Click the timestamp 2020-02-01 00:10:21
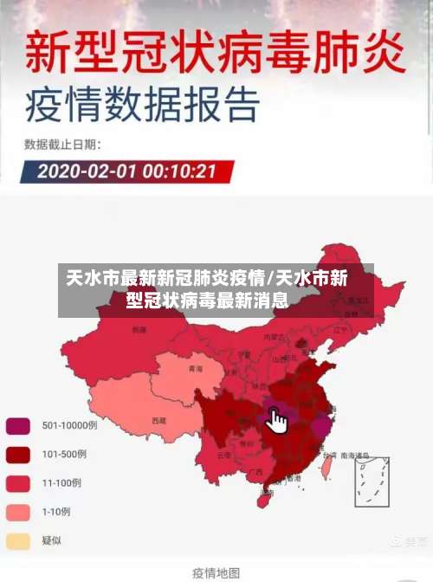[126, 170]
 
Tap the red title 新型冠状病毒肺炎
[215, 54]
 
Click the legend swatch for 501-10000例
[18, 425]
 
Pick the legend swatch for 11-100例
[18, 482]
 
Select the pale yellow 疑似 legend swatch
[18, 540]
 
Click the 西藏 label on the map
[158, 420]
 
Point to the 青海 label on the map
[195, 368]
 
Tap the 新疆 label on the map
[139, 330]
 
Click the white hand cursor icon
[276, 422]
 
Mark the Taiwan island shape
[326, 468]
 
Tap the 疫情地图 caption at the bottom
[216, 572]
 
